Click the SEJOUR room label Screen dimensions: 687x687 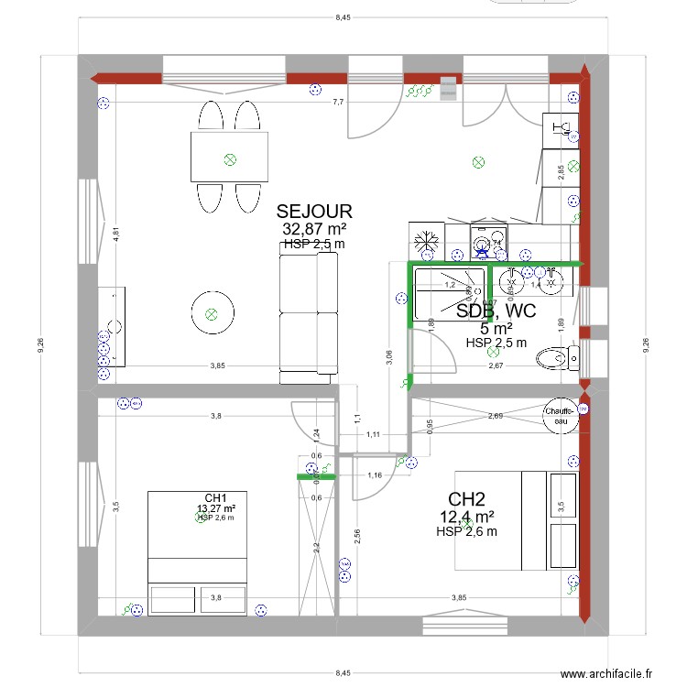pos(313,213)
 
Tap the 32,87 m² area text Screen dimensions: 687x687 pos(313,229)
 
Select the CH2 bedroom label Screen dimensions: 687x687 pos(466,499)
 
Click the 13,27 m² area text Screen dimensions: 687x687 pos(216,508)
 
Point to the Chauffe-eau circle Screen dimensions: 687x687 pos(560,416)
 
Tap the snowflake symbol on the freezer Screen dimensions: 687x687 pos(424,243)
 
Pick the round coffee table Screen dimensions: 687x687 pos(212,314)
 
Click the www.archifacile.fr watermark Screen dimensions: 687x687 pos(605,673)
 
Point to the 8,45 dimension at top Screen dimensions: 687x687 pos(343,17)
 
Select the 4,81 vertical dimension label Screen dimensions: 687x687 pos(116,233)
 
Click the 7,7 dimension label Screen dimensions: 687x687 pos(337,102)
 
